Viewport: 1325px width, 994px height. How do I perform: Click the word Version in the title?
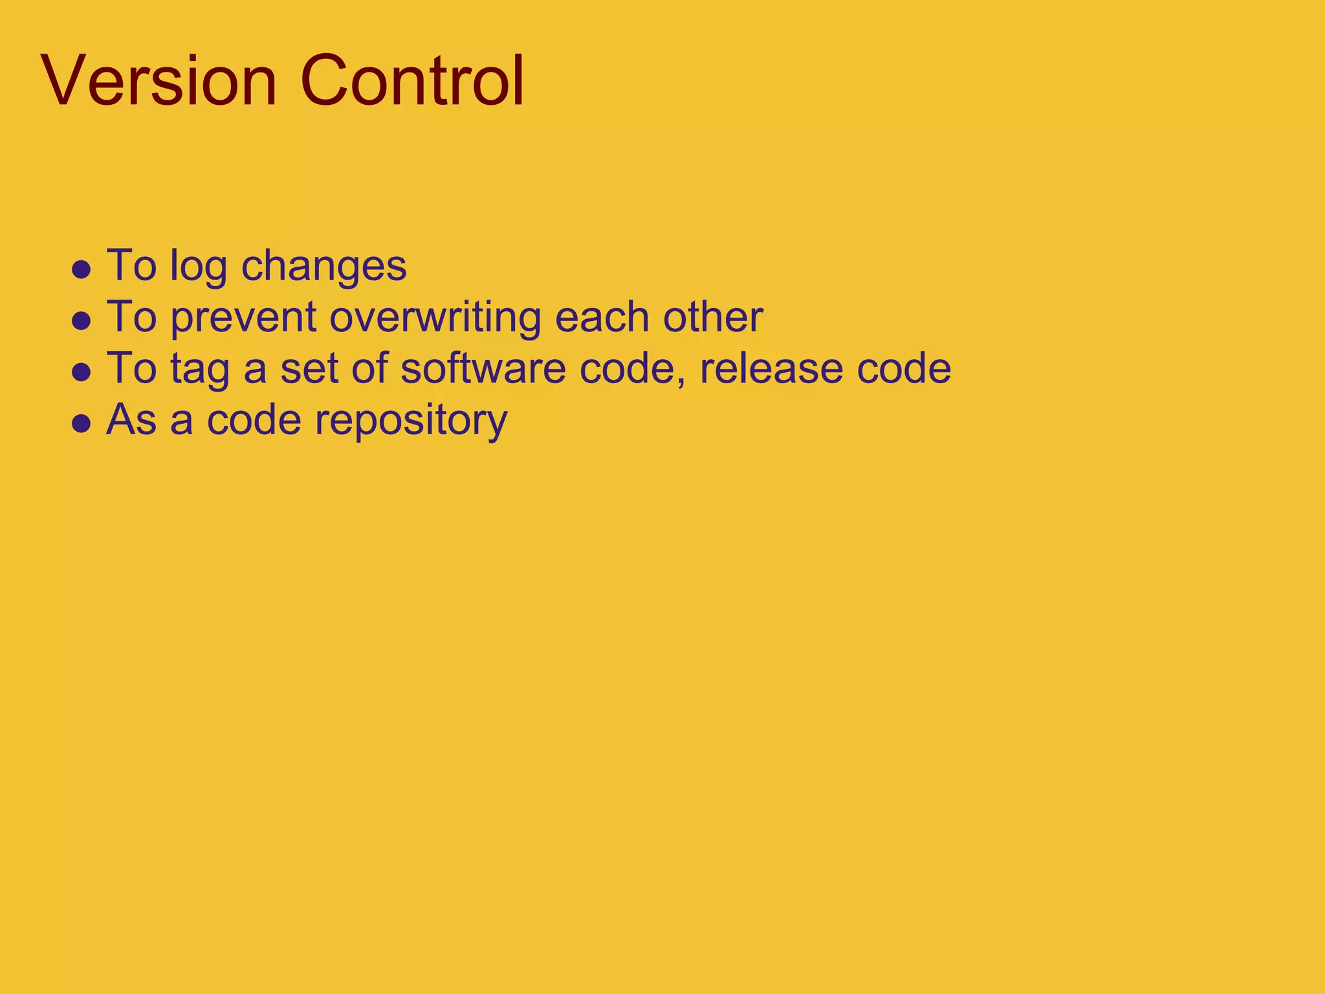pyautogui.click(x=159, y=82)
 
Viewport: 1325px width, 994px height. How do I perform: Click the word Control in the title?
pyautogui.click(x=411, y=82)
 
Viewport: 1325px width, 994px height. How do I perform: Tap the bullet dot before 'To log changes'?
pyautogui.click(x=81, y=269)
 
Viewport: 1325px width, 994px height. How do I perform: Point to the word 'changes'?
pyautogui.click(x=323, y=267)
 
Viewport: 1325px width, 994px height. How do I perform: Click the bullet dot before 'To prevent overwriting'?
pyautogui.click(x=81, y=320)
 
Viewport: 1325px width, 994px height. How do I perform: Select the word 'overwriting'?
pyautogui.click(x=435, y=318)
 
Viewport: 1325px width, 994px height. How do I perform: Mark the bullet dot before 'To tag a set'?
pyautogui.click(x=81, y=372)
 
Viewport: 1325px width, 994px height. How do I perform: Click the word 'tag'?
pyautogui.click(x=200, y=370)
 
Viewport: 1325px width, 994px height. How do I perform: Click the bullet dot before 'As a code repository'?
pyautogui.click(x=81, y=424)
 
